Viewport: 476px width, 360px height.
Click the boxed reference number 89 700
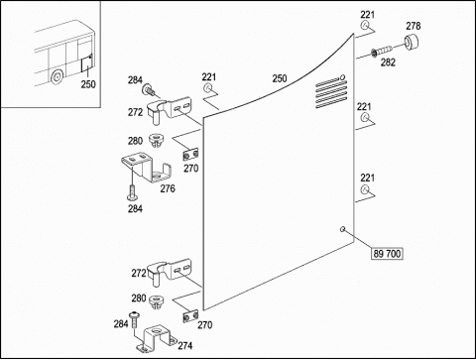coord(387,254)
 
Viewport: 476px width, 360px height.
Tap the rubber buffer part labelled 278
coord(412,43)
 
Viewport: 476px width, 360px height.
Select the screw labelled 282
coord(382,52)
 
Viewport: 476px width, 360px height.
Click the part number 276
coord(168,188)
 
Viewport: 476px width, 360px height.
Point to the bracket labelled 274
coord(157,337)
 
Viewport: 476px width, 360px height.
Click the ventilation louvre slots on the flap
coord(331,91)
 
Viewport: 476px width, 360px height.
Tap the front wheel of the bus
coord(57,76)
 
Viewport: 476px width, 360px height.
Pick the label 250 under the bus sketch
coord(88,84)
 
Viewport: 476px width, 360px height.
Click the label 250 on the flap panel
coord(280,78)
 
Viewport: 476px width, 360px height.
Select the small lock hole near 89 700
coord(343,229)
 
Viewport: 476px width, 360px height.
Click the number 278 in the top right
coord(414,26)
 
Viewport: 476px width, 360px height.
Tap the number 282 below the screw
coord(388,62)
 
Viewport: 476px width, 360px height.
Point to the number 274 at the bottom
coord(185,345)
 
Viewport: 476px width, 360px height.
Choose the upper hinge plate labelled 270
coord(190,154)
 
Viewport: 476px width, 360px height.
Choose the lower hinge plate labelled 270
coord(190,316)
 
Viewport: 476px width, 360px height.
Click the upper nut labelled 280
coord(155,141)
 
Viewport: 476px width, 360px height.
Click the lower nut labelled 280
coord(156,301)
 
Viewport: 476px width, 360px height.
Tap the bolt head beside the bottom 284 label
coord(135,313)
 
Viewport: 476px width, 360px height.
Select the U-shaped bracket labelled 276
coord(147,167)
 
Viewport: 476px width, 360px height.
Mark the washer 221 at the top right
coord(365,26)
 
